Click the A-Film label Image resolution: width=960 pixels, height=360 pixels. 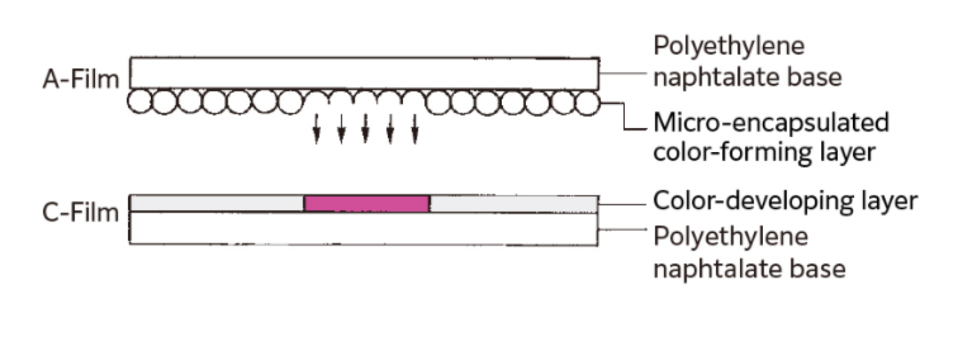pos(81,79)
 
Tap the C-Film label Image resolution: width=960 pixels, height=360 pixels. pos(80,212)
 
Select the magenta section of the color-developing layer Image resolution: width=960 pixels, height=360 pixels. pos(367,203)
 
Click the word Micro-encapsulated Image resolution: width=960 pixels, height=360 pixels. pos(772,122)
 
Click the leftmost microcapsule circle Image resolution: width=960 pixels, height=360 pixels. pos(139,102)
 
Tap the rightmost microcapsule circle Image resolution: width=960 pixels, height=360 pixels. pos(587,103)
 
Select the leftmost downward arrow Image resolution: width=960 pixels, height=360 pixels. pos(316,128)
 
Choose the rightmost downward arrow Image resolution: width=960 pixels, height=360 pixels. pos(415,128)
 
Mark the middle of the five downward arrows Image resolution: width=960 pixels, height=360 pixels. pos(365,128)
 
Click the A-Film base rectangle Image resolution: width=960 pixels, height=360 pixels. pos(365,73)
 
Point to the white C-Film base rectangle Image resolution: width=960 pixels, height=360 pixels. pos(364,229)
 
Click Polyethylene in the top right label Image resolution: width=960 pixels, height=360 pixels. pos(729,46)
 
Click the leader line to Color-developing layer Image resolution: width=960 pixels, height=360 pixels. pos(622,205)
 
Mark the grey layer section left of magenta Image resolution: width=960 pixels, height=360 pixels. pos(217,203)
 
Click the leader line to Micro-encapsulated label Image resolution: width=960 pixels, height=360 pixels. pos(624,116)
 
